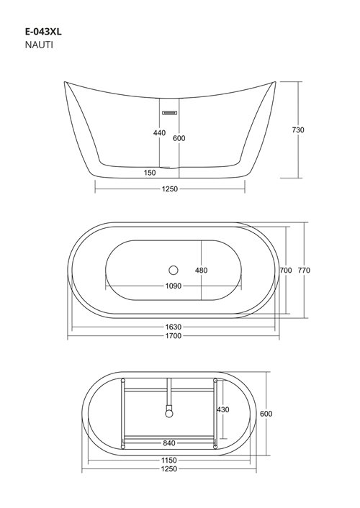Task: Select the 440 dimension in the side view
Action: click(x=159, y=133)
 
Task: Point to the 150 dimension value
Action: click(x=150, y=173)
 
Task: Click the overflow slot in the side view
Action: click(x=170, y=112)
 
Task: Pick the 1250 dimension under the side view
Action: click(x=170, y=189)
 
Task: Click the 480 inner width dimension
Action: click(x=201, y=271)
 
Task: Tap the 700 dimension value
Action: click(x=284, y=271)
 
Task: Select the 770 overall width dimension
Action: click(x=304, y=271)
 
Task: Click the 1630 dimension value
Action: click(x=173, y=327)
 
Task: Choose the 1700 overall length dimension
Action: click(x=173, y=336)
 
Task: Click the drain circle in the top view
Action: click(x=172, y=271)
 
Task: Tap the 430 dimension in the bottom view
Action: click(x=223, y=409)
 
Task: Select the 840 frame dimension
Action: click(x=171, y=443)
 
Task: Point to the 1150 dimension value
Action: click(x=171, y=460)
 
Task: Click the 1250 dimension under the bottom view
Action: click(x=171, y=469)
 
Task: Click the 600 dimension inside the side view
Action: click(x=179, y=139)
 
